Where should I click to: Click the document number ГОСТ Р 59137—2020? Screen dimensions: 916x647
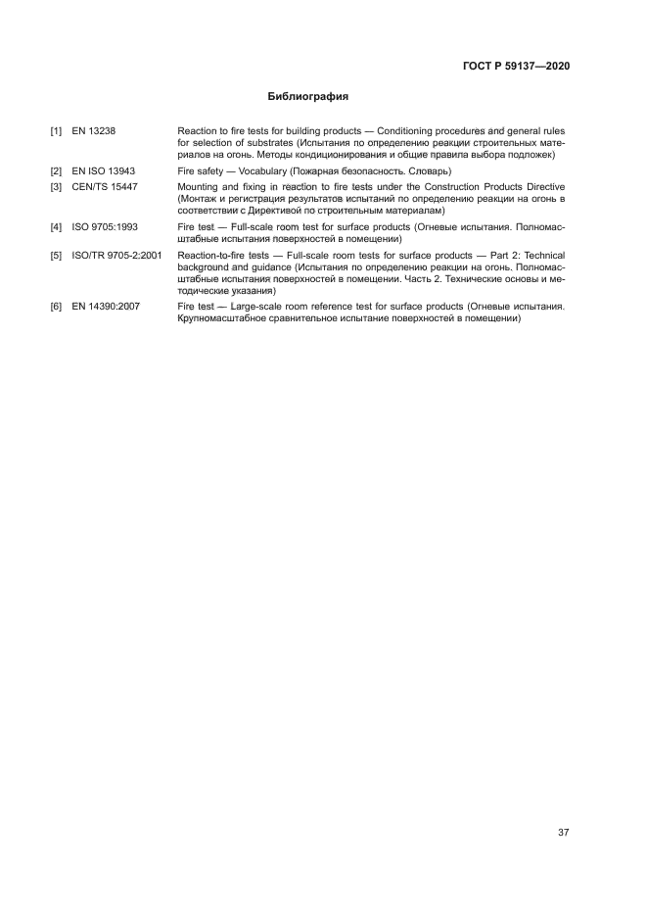[x=515, y=67]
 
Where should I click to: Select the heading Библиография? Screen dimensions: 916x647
[x=308, y=97]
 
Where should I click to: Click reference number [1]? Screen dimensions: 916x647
[x=56, y=130]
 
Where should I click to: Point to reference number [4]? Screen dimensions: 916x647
[x=56, y=226]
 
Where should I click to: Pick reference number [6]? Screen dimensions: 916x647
[x=56, y=307]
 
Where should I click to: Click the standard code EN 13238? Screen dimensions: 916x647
[x=94, y=130]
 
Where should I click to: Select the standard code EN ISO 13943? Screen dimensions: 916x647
[x=104, y=170]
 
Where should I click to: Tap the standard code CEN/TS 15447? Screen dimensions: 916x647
[x=104, y=186]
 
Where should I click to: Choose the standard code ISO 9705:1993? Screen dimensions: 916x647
[x=105, y=226]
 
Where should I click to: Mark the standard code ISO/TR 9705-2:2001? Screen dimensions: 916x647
[x=116, y=255]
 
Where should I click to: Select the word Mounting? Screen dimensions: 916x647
[x=199, y=186]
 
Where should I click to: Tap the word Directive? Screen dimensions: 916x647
[x=544, y=186]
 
